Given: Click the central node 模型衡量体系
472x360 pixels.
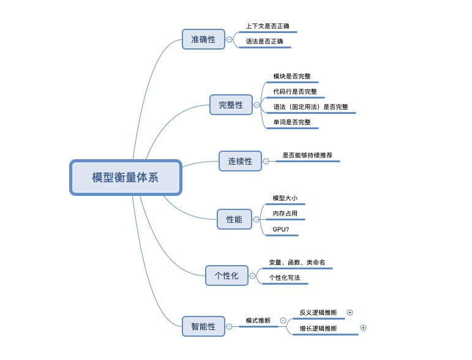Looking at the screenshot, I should tap(125, 178).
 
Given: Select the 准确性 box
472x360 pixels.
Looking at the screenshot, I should tap(203, 39).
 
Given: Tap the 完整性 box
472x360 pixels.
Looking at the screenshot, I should tap(231, 105).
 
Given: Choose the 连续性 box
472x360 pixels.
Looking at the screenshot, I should tap(240, 161).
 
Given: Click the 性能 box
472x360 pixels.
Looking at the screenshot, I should tap(234, 219).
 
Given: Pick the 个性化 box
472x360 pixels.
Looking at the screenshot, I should tap(226, 276).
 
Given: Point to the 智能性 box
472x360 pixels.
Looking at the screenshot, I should tap(203, 326).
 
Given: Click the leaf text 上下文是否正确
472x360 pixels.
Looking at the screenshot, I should tap(268, 26).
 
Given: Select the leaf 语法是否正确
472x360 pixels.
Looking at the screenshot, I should tap(264, 42).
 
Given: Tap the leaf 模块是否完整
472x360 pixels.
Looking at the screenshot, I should tap(291, 77).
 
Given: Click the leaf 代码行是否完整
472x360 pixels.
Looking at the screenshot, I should tap(295, 92).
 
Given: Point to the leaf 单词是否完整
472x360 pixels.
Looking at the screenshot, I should tap(291, 122).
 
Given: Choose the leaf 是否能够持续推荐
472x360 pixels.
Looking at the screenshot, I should tap(307, 156).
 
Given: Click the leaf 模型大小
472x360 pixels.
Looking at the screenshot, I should tap(285, 198).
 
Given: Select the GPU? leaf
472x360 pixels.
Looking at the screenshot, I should tap(282, 229).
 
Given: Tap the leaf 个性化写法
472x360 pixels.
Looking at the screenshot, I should tap(285, 278).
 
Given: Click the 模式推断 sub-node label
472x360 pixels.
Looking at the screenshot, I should tap(258, 321).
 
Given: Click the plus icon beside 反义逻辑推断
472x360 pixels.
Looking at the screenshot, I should tap(350, 312).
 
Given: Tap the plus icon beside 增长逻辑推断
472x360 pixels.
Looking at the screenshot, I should tap(363, 328).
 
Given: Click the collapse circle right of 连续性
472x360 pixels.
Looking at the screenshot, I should tap(266, 162).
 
